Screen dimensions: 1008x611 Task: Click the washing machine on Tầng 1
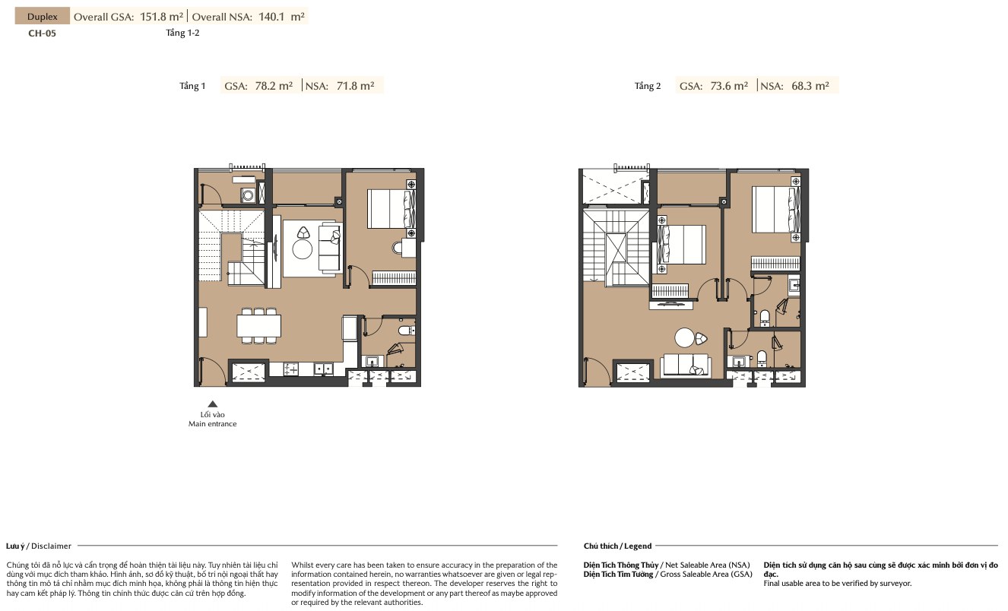[x=248, y=195]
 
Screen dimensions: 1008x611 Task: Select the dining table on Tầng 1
[x=258, y=326]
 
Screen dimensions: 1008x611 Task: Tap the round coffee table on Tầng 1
[x=302, y=249]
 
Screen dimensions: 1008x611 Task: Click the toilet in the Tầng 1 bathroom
[x=407, y=331]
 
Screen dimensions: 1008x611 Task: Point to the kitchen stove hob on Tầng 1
[x=290, y=369]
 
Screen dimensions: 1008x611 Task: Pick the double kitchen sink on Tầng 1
[x=323, y=369]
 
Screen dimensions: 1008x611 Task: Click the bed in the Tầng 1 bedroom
[x=391, y=209]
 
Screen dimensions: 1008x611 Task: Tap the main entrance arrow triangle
[x=212, y=404]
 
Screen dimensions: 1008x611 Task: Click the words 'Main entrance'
[x=212, y=424]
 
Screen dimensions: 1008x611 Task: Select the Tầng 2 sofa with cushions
[x=686, y=366]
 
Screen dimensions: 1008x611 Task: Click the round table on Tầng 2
[x=684, y=337]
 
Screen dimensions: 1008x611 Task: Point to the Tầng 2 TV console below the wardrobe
[x=670, y=305]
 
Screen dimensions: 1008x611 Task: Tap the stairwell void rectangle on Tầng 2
[x=616, y=248]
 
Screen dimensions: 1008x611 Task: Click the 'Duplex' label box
[x=43, y=17]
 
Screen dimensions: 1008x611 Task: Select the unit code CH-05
[x=42, y=33]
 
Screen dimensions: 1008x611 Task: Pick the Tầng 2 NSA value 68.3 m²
[x=810, y=85]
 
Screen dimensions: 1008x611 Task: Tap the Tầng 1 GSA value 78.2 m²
[x=274, y=85]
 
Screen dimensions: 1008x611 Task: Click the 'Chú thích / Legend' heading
[x=617, y=546]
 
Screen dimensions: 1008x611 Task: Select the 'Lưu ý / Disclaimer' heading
[x=39, y=546]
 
